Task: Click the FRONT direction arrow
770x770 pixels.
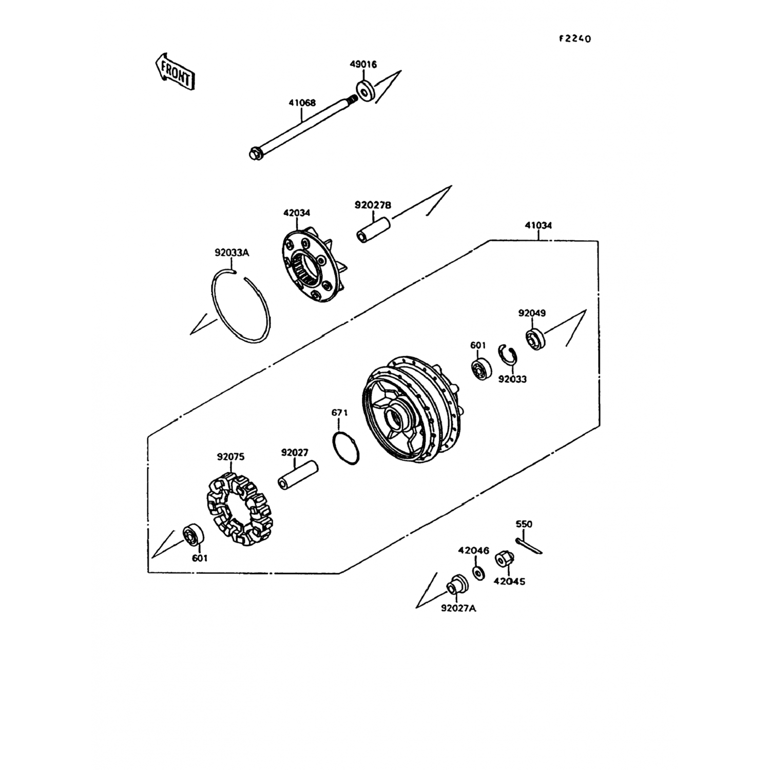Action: [x=175, y=71]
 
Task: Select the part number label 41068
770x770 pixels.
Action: [x=302, y=103]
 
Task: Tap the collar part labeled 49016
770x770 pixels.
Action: [x=365, y=91]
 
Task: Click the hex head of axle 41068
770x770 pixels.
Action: [x=254, y=153]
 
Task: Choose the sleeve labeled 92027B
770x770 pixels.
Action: [x=373, y=230]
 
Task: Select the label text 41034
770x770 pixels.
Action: [x=538, y=225]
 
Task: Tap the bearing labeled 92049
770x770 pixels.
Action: [x=535, y=339]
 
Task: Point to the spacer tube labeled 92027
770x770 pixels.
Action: [x=298, y=475]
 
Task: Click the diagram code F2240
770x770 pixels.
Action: [x=575, y=38]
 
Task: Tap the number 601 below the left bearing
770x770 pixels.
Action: [x=200, y=558]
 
